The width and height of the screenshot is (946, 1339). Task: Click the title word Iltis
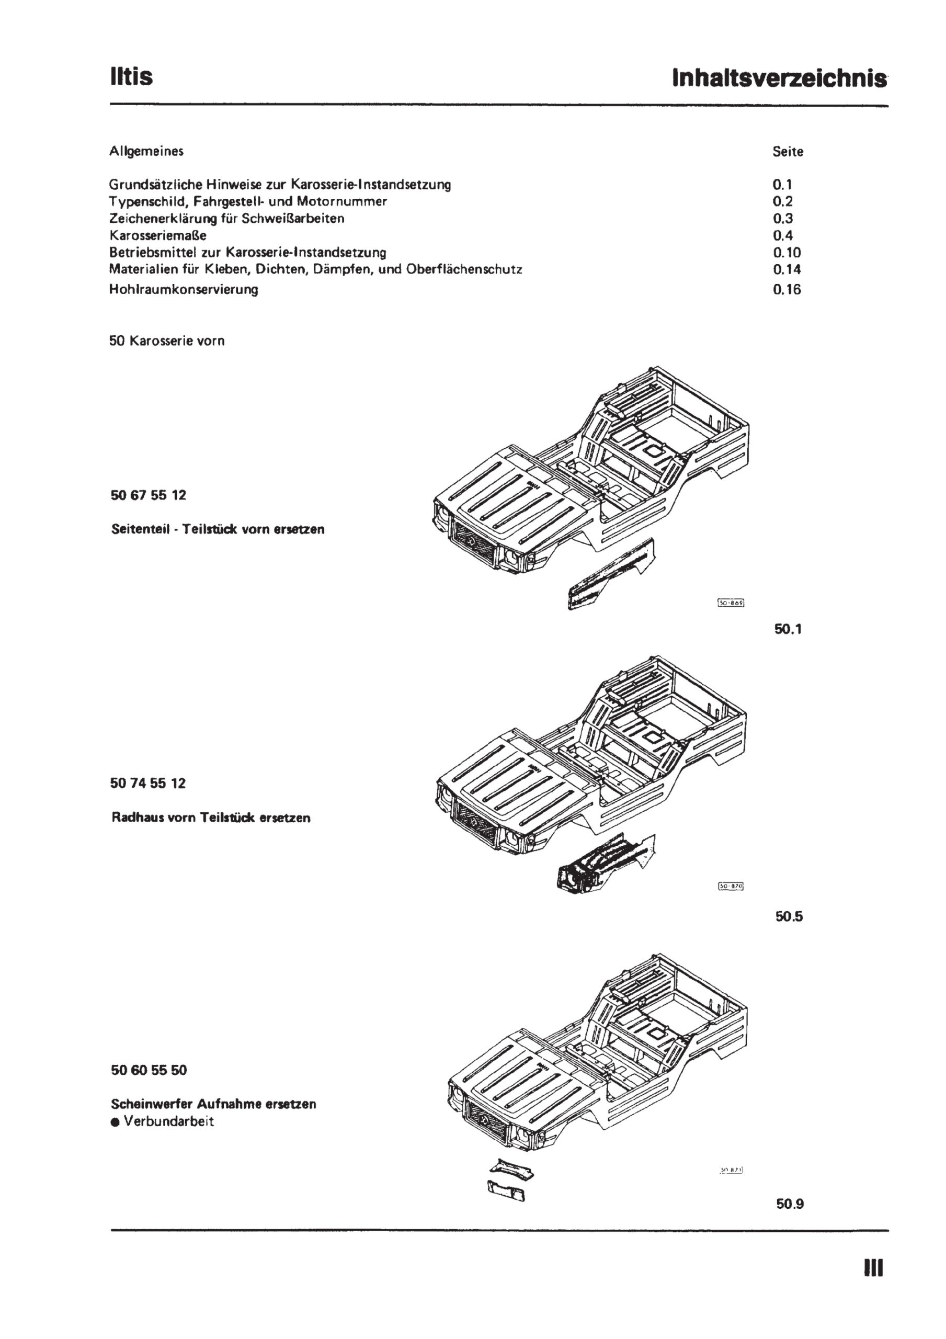(x=131, y=76)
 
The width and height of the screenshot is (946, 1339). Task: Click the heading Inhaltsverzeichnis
(x=779, y=78)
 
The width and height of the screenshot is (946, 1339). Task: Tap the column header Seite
(x=788, y=152)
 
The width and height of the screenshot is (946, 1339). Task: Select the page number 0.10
(x=787, y=253)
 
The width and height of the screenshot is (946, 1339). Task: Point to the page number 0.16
(x=787, y=289)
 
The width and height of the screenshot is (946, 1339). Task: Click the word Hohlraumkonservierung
(x=183, y=289)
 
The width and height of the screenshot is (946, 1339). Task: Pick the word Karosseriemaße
(x=157, y=235)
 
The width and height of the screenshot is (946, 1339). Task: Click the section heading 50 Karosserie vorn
(x=167, y=341)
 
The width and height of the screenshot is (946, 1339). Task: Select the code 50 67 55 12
(x=148, y=495)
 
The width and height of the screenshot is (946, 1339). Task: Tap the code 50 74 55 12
(x=148, y=783)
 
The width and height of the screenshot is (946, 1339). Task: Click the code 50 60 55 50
(x=149, y=1070)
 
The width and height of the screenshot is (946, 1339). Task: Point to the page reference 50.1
(x=788, y=629)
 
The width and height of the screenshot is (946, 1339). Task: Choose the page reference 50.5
(x=789, y=916)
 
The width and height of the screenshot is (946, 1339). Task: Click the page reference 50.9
(x=790, y=1204)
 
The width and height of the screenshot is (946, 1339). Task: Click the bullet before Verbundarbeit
(x=115, y=1122)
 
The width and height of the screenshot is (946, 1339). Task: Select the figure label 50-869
(x=732, y=603)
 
